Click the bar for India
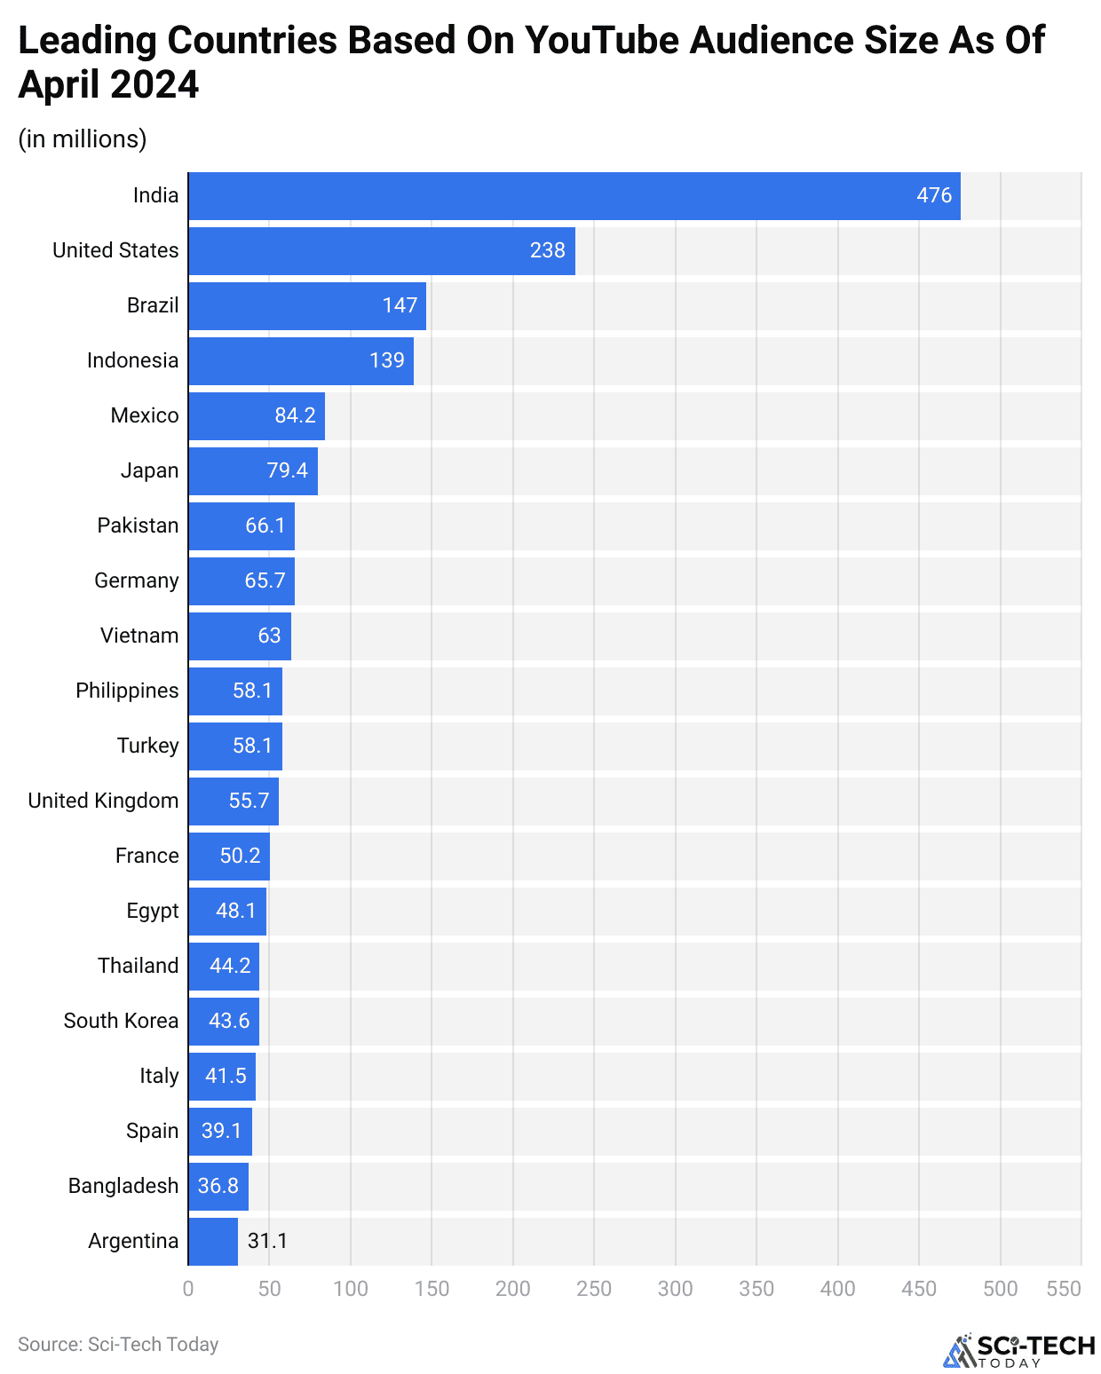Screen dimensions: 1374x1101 pos(574,196)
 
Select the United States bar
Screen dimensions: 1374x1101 pos(382,251)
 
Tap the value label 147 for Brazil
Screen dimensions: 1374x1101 pos(400,305)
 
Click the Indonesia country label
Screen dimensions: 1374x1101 pos(132,360)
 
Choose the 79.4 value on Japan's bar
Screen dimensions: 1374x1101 pos(287,470)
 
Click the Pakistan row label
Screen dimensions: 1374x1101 pos(138,525)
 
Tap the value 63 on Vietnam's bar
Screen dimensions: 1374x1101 pos(269,636)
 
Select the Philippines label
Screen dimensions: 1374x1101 pos(127,691)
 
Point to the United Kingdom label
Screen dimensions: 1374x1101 pos(103,801)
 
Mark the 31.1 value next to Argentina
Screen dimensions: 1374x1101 pos(267,1241)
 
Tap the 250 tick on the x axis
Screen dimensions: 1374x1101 pos(594,1289)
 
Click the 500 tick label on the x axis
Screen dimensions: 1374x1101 pos(1000,1289)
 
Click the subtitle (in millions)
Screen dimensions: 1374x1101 pos(83,139)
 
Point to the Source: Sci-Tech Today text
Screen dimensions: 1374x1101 pos(118,1345)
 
